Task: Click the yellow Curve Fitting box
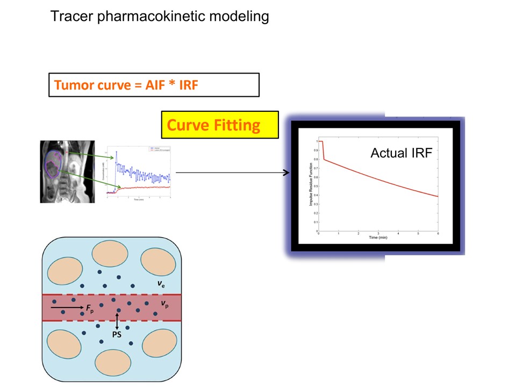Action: click(220, 125)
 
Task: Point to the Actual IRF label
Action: click(401, 153)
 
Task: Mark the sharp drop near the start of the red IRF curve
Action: click(323, 150)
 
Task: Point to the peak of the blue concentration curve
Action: click(116, 153)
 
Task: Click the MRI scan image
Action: click(67, 171)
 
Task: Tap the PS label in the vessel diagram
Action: click(116, 335)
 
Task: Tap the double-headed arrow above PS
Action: click(117, 321)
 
